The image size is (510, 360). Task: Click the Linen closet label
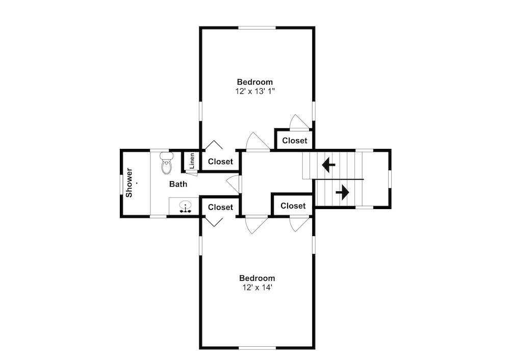click(x=192, y=161)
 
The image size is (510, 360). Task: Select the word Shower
click(x=129, y=183)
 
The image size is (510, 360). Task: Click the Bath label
click(x=178, y=184)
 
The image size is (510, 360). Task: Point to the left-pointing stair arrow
click(x=328, y=165)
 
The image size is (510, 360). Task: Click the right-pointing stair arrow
click(x=342, y=193)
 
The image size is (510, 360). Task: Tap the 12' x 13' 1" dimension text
click(x=255, y=91)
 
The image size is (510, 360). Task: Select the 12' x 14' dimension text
click(x=257, y=288)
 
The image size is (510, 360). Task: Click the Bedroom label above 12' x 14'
click(x=257, y=278)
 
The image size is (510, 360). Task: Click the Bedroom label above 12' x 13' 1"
click(x=254, y=82)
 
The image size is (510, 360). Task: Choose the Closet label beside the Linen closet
click(x=220, y=161)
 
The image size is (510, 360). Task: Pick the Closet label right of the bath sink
click(x=220, y=207)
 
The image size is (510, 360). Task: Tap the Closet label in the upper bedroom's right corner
click(x=295, y=141)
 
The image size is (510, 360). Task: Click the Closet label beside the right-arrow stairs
click(x=293, y=206)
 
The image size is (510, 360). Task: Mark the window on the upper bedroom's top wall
click(x=257, y=28)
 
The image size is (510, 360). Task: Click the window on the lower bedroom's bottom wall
click(x=257, y=348)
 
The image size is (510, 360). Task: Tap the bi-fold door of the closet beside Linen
click(x=214, y=144)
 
